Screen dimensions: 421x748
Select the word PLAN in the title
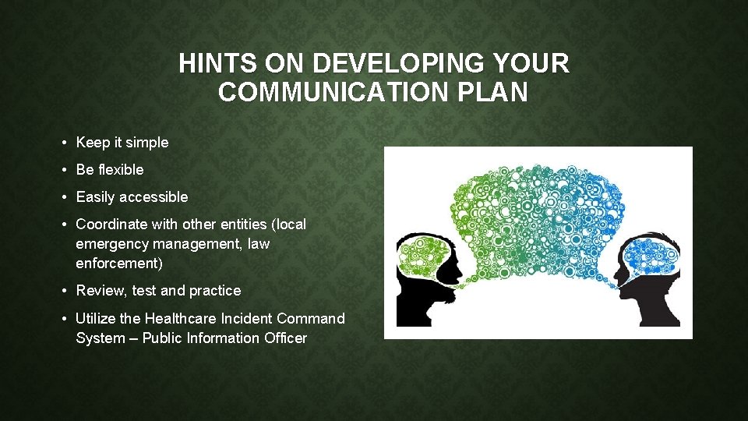500,92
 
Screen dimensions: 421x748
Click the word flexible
120,169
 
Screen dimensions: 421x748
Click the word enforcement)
119,264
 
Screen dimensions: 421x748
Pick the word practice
215,291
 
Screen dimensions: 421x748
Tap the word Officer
284,338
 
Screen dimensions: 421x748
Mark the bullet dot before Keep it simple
63,143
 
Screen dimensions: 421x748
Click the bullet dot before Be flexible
63,170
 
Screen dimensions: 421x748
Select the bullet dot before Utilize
63,319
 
